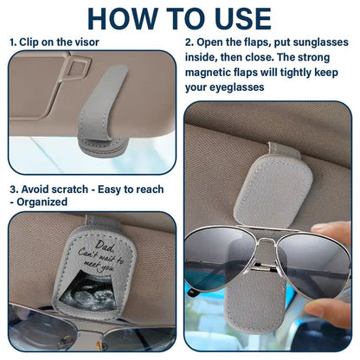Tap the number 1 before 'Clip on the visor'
[12, 42]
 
